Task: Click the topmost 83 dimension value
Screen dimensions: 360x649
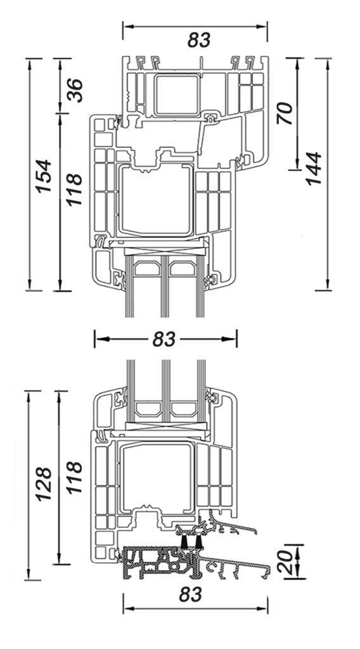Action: (199, 40)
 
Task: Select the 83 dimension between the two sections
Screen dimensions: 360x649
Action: (164, 339)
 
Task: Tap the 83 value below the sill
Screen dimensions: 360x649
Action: (191, 594)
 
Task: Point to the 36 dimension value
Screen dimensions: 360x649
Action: (75, 90)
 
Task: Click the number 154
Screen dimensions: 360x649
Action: (44, 176)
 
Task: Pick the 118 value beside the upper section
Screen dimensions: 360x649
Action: (75, 190)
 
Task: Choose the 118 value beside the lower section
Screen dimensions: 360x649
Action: (75, 477)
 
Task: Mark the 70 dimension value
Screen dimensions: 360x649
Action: (285, 113)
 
